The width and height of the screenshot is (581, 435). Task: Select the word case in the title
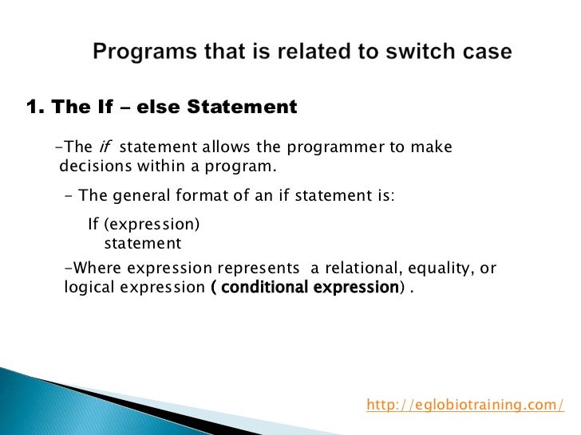point(483,53)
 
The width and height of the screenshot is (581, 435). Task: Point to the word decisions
point(95,167)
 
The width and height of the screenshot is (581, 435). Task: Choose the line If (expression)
point(143,225)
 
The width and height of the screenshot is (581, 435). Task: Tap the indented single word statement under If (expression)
point(143,243)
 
